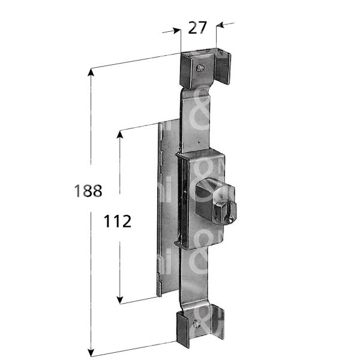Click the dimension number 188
88,191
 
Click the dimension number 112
118,221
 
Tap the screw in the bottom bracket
199,325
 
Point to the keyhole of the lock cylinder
229,220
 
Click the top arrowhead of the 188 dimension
91,73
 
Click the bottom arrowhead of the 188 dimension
91,352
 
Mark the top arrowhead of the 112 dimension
120,135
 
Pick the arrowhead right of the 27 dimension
220,25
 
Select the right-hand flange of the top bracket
223,69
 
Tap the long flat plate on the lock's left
167,210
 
